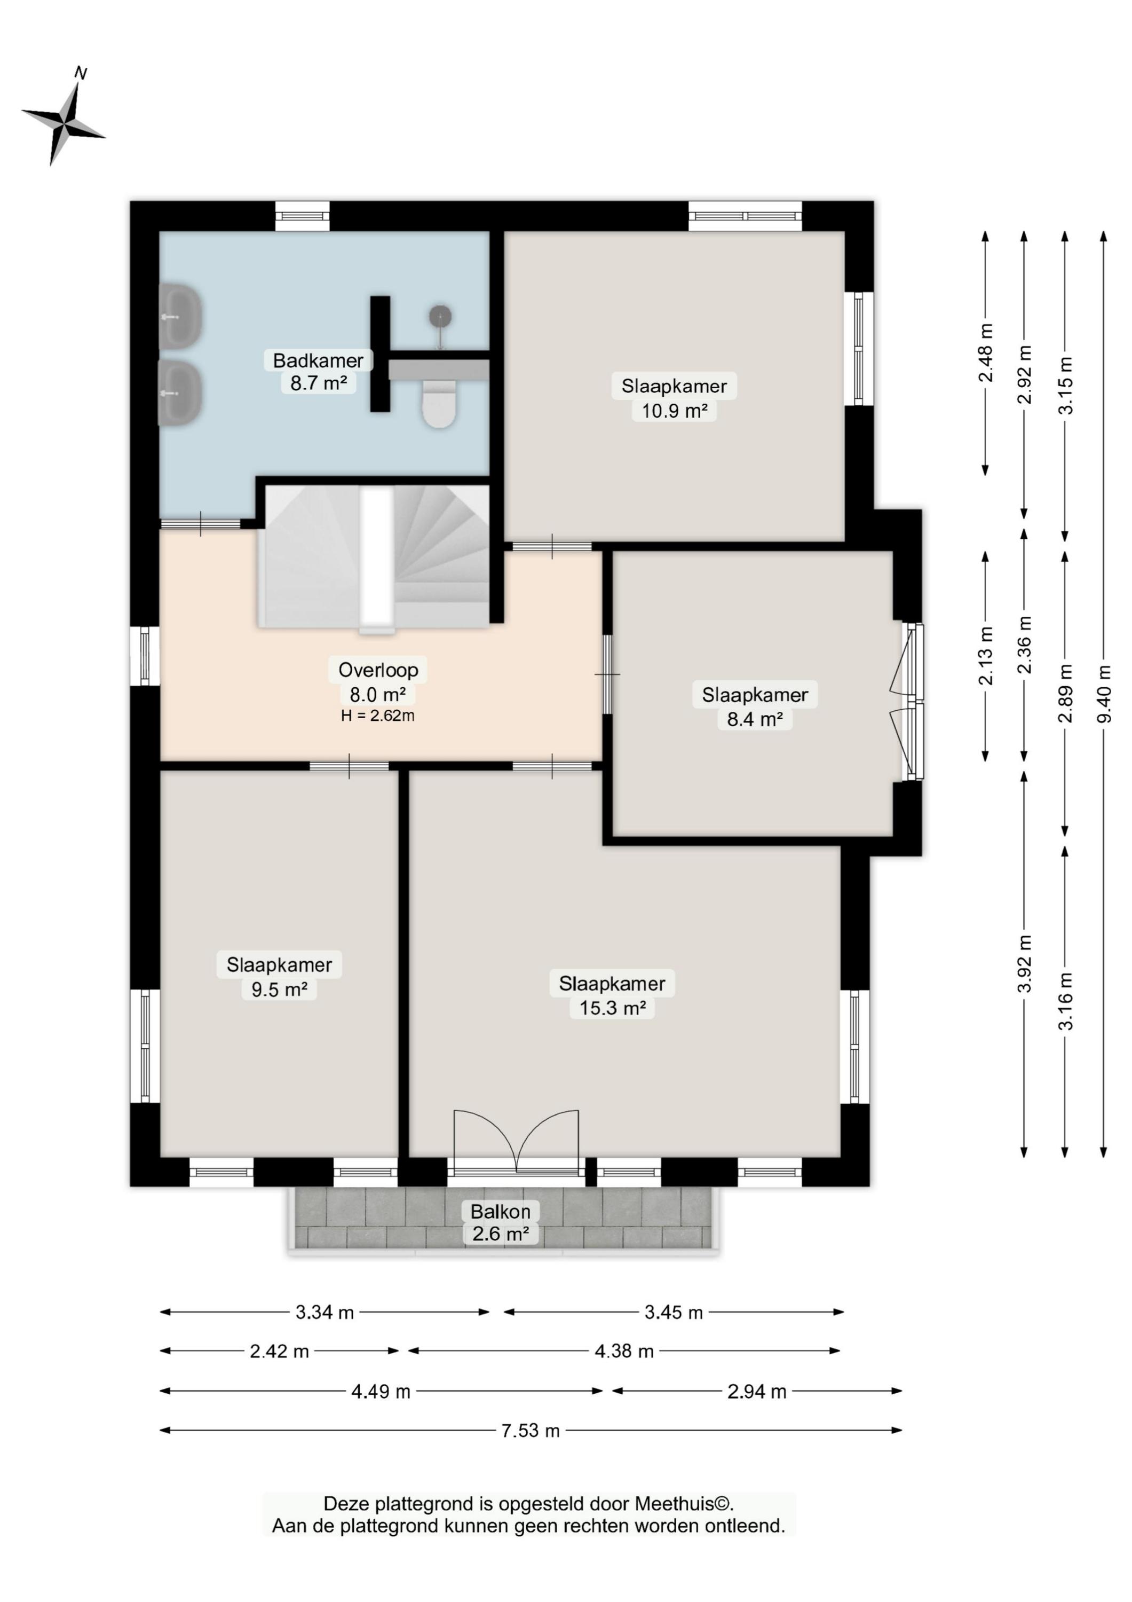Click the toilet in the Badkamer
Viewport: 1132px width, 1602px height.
coord(439,403)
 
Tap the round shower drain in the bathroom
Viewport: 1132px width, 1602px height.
coord(440,316)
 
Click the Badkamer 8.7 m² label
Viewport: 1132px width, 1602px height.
coord(319,372)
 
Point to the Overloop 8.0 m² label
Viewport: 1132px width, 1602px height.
coord(378,682)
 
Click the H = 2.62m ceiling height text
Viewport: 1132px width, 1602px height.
coord(378,715)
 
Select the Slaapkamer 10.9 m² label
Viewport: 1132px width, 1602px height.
coord(675,398)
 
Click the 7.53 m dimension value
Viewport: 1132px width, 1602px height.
coord(531,1431)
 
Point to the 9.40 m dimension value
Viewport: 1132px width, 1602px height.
coord(1103,694)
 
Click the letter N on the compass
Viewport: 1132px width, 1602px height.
coord(81,73)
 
